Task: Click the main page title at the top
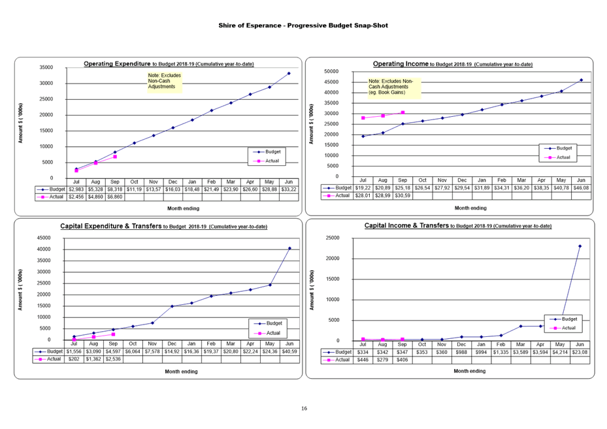pyautogui.click(x=303, y=25)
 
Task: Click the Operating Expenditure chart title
pyautogui.click(x=169, y=63)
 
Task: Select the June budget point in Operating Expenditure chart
pyautogui.click(x=289, y=74)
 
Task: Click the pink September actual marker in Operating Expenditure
pyautogui.click(x=115, y=157)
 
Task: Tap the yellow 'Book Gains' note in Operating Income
pyautogui.click(x=394, y=87)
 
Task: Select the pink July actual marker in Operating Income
pyautogui.click(x=363, y=118)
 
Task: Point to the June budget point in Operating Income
pyautogui.click(x=581, y=80)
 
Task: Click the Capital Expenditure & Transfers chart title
pyautogui.click(x=163, y=226)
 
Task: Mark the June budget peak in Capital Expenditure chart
pyautogui.click(x=289, y=248)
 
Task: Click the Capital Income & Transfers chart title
pyautogui.click(x=457, y=226)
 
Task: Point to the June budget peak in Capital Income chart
pyautogui.click(x=580, y=246)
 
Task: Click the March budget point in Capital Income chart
pyautogui.click(x=521, y=326)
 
